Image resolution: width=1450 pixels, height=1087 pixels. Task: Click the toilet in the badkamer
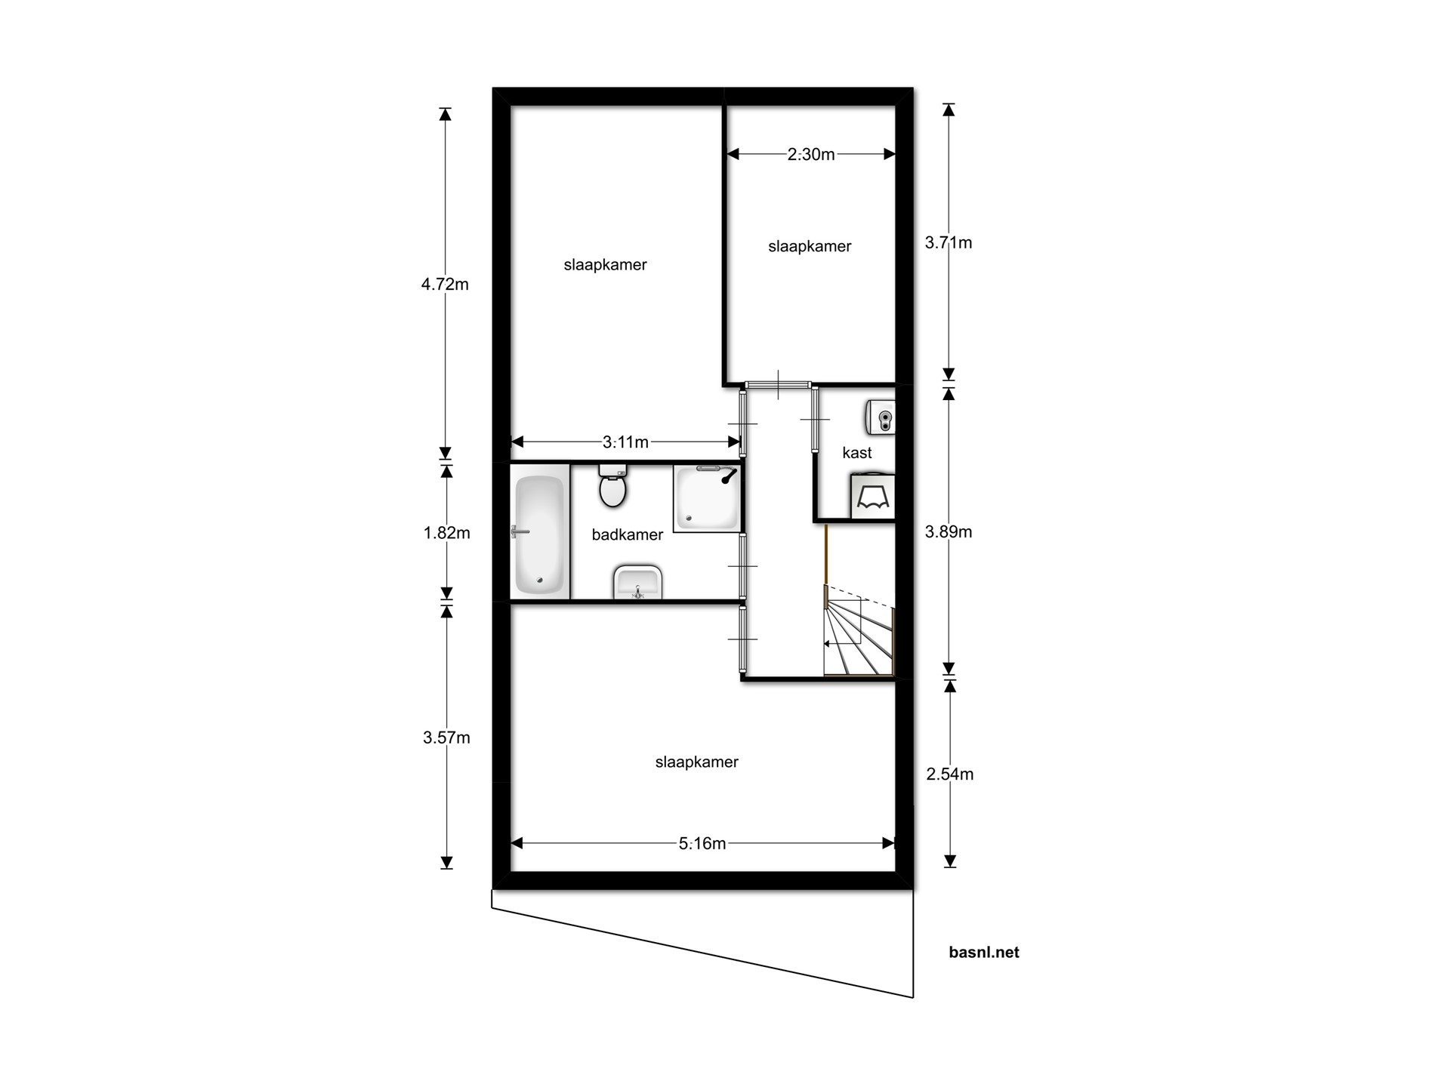[x=612, y=485]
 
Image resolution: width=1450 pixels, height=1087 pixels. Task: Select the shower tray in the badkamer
[x=707, y=499]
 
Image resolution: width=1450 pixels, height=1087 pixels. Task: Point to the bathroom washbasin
[x=638, y=582]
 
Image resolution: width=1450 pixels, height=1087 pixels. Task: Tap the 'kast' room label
[x=856, y=453]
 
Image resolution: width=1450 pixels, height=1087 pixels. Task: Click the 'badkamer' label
[x=627, y=534]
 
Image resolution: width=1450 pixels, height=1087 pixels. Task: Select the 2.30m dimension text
[x=811, y=155]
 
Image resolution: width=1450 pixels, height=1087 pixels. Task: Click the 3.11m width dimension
[x=625, y=442]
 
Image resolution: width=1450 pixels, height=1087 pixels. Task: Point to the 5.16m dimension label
[x=702, y=843]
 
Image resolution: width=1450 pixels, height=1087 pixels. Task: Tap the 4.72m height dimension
[x=445, y=285]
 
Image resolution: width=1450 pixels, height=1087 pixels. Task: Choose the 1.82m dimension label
[x=446, y=533]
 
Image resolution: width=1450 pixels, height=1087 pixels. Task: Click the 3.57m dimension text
[x=446, y=737]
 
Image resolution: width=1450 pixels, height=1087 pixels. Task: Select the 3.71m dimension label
[x=949, y=243]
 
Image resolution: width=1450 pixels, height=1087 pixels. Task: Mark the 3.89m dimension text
[x=949, y=532]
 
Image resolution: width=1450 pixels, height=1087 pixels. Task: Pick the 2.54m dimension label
[x=950, y=774]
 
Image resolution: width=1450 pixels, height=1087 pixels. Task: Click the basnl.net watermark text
[x=984, y=953]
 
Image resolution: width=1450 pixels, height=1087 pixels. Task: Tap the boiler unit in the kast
[x=881, y=417]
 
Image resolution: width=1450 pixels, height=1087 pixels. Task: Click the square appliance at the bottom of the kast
[x=873, y=497]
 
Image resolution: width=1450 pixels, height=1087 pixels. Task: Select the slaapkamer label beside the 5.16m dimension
[x=696, y=762]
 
